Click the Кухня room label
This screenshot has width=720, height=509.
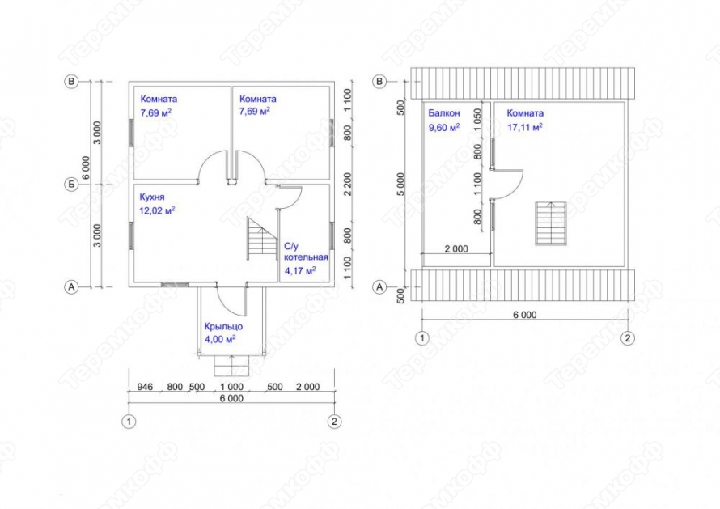[x=152, y=197]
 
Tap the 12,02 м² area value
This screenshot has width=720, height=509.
[x=157, y=210]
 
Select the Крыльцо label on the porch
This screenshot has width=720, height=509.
[x=223, y=327]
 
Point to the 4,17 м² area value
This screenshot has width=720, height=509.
[x=300, y=270]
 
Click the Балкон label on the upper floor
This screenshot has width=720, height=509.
[x=444, y=113]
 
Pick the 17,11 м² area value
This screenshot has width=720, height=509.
[x=525, y=127]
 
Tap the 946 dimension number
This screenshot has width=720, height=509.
[x=145, y=387]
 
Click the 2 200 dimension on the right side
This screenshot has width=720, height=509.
[x=348, y=184]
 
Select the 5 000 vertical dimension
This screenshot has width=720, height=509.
[x=401, y=185]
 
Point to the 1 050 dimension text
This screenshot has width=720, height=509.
[x=478, y=120]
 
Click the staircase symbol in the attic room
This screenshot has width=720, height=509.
[x=551, y=223]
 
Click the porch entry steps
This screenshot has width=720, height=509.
[x=231, y=366]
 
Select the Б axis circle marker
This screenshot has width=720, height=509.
[x=71, y=185]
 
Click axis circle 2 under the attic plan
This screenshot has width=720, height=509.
[x=628, y=338]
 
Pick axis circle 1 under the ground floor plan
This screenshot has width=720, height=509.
[x=129, y=422]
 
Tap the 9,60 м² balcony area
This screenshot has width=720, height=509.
[x=444, y=127]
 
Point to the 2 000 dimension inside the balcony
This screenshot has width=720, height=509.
[x=456, y=248]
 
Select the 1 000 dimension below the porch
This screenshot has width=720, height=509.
[x=232, y=387]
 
